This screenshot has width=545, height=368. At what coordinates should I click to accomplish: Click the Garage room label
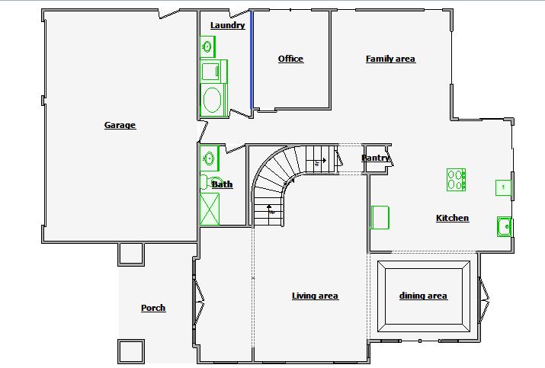point(120,125)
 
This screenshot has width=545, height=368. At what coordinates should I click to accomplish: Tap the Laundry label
point(228,25)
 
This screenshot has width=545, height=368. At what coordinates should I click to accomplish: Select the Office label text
point(290,59)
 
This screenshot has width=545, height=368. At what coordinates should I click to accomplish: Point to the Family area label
point(390,59)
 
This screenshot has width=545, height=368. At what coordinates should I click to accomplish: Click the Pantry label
point(375,158)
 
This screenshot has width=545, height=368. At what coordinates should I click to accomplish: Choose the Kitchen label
point(452,218)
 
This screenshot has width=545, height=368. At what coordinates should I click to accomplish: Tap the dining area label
point(423,296)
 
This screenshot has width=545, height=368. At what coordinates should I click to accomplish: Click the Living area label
point(315,296)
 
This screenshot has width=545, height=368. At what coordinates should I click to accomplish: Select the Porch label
point(153,308)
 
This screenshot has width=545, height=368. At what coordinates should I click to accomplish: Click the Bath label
point(222,184)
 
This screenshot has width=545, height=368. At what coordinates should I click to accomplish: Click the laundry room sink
point(207,46)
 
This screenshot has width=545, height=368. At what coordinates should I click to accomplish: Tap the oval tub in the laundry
point(212,100)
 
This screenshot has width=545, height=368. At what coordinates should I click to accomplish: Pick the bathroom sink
point(210,158)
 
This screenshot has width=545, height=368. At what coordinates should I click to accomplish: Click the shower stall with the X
point(210,210)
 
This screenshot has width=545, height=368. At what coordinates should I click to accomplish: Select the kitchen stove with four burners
point(456,180)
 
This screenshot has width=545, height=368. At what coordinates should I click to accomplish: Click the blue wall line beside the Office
point(252,60)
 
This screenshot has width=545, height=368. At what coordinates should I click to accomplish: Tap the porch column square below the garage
point(131,254)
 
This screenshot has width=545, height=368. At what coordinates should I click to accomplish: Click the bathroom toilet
point(207,182)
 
